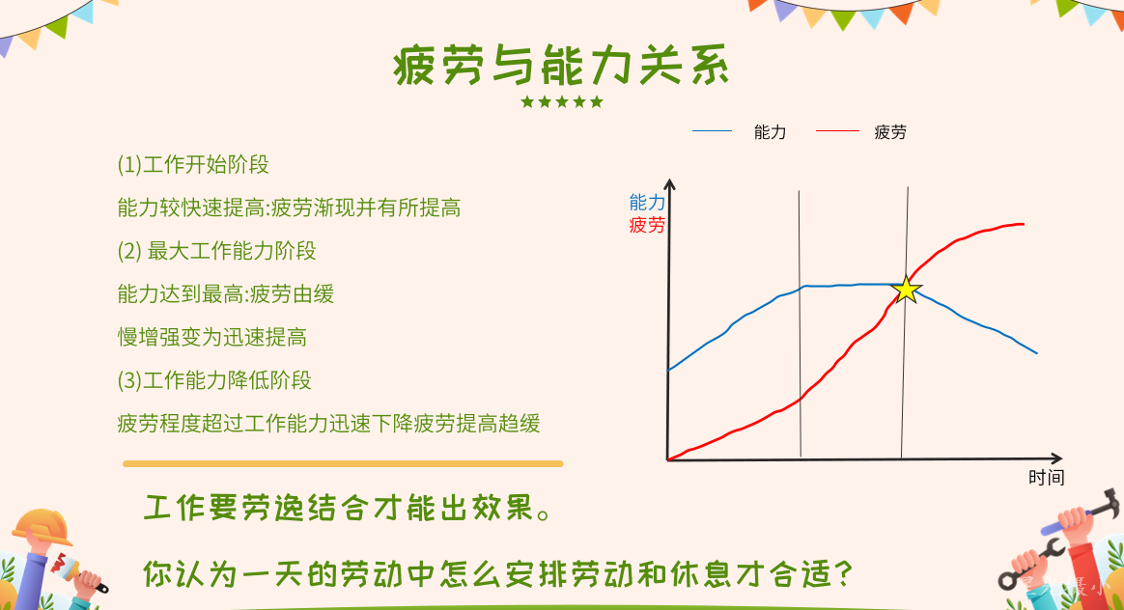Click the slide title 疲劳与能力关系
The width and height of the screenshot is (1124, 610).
pos(561,66)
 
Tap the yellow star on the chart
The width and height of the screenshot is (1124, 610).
pos(907,290)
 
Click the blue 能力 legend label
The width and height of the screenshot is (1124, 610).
pos(770,132)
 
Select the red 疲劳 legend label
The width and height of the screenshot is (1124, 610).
pos(890,132)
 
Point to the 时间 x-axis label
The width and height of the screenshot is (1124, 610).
pos(1046,478)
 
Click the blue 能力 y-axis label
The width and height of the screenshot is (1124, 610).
pos(647,203)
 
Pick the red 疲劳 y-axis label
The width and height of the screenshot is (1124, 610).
pos(647,225)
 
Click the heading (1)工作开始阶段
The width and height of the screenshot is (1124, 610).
pos(193,165)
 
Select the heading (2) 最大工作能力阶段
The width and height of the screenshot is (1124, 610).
pos(216,251)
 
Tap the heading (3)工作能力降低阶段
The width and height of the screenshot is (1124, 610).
pos(214,380)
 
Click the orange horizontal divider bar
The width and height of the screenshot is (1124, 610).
pos(343,463)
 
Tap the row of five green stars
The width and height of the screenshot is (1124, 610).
pos(562,101)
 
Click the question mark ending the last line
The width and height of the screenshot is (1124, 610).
pos(844,573)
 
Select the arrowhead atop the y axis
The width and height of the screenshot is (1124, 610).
pos(669,185)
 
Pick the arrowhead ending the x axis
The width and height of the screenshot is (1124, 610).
pos(1055,458)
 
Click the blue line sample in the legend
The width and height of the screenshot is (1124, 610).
pos(712,130)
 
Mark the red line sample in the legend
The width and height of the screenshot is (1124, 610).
pos(837,130)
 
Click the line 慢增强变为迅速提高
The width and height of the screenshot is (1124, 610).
pos(212,337)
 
